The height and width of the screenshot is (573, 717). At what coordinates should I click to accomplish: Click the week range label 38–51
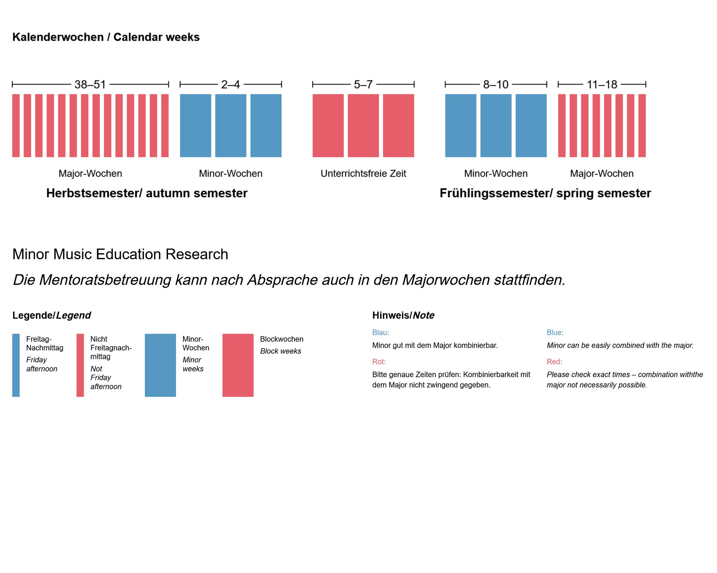90,84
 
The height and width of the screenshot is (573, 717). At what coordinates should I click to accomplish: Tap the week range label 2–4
230,84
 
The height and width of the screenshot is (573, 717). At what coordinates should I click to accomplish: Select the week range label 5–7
363,84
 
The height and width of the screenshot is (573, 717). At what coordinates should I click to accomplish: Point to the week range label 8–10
496,84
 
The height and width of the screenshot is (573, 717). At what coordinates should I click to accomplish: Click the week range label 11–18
602,84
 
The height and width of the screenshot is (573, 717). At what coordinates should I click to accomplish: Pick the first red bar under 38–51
16,126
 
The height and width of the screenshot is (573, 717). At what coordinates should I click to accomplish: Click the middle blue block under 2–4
230,126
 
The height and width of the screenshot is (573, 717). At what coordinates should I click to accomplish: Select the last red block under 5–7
398,126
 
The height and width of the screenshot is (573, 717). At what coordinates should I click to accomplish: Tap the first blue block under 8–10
460,126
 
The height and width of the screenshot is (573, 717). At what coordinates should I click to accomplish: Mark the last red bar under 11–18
642,126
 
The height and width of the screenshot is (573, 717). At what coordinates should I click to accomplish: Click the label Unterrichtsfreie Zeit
363,173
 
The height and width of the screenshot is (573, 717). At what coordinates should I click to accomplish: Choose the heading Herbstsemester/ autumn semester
147,193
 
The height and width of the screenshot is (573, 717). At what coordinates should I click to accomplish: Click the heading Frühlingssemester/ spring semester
545,193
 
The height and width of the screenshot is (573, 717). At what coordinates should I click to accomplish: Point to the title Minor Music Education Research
120,254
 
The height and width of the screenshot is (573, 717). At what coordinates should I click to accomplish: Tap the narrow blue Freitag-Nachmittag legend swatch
16,365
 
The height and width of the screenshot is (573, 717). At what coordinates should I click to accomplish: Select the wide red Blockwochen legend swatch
238,365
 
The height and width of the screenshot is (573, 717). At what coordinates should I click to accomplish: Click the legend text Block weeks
280,351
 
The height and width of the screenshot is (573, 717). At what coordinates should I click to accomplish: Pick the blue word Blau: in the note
381,332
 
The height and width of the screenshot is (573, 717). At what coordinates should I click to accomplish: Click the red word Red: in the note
554,362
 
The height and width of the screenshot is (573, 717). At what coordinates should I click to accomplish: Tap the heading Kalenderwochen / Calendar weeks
106,37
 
